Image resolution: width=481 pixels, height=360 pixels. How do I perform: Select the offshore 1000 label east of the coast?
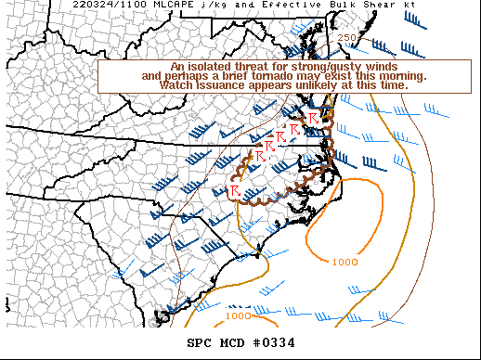(344, 262)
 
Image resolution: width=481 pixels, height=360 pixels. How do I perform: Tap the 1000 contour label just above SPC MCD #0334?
(238, 315)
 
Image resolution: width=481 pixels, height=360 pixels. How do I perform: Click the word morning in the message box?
(404, 75)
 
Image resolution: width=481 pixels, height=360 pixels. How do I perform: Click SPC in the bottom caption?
(200, 343)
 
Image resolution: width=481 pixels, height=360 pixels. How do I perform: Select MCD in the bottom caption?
(234, 343)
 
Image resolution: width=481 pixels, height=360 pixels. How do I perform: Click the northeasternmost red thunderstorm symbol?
(314, 117)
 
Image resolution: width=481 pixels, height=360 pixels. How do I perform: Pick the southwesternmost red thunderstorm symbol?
(235, 189)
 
